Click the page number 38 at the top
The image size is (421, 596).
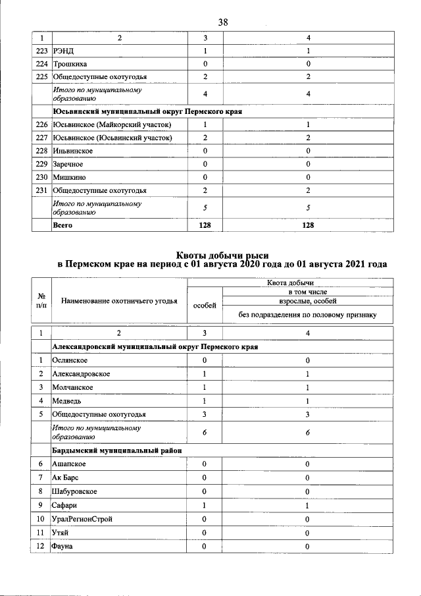[x=223, y=22]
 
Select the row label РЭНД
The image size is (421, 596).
[x=64, y=51]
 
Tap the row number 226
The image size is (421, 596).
[x=41, y=124]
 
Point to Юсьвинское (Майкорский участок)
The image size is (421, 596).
[x=112, y=124]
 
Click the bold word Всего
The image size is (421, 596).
[x=62, y=225]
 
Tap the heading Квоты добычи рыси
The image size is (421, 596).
[x=222, y=254]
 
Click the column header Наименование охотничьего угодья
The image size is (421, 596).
[x=119, y=301]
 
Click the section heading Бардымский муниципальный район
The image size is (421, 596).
[x=117, y=450]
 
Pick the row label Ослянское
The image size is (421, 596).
[x=71, y=360]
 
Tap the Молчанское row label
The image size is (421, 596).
[x=73, y=387]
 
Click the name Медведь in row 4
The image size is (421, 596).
[x=68, y=400]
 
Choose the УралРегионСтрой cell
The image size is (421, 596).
[x=82, y=519]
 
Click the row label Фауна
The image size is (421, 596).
[x=63, y=546]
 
